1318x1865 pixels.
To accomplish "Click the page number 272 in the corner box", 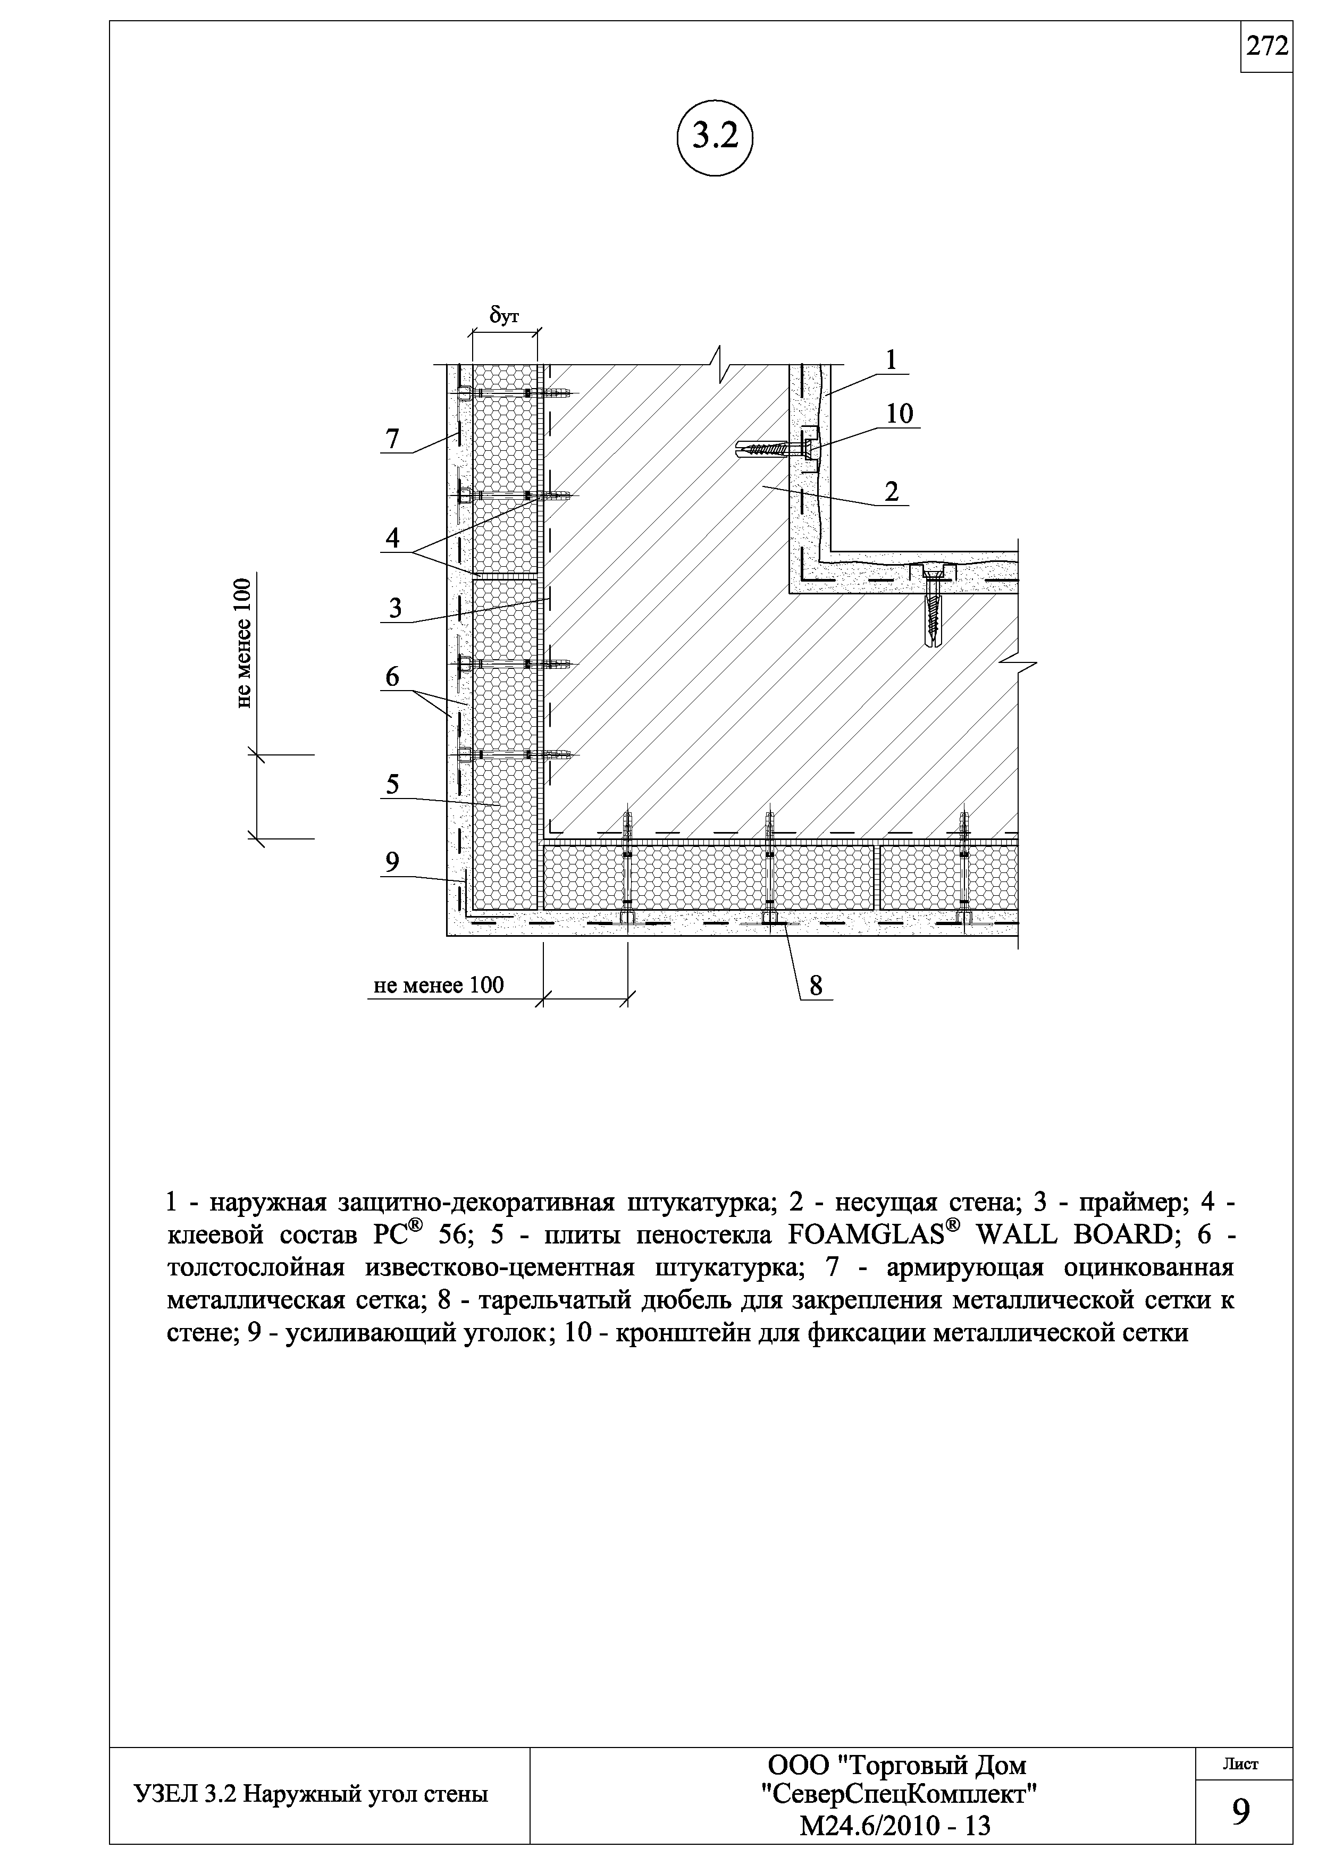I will (x=1267, y=47).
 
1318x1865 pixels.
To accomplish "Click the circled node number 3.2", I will (x=715, y=137).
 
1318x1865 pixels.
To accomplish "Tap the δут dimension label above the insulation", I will (x=503, y=315).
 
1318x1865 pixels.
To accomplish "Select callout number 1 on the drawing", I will (x=891, y=360).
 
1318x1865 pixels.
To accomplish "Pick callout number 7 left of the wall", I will (x=393, y=440).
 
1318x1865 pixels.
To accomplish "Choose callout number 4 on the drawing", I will (x=393, y=537).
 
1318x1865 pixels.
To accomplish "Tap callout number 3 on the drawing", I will (x=396, y=608).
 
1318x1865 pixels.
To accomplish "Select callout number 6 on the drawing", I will (x=393, y=676).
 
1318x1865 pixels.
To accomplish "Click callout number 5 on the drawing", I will (x=393, y=785).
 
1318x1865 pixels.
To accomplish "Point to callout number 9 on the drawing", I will (x=393, y=862).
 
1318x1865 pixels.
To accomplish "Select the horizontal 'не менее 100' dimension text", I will (x=439, y=985).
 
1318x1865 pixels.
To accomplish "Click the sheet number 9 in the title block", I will (x=1241, y=1812).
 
